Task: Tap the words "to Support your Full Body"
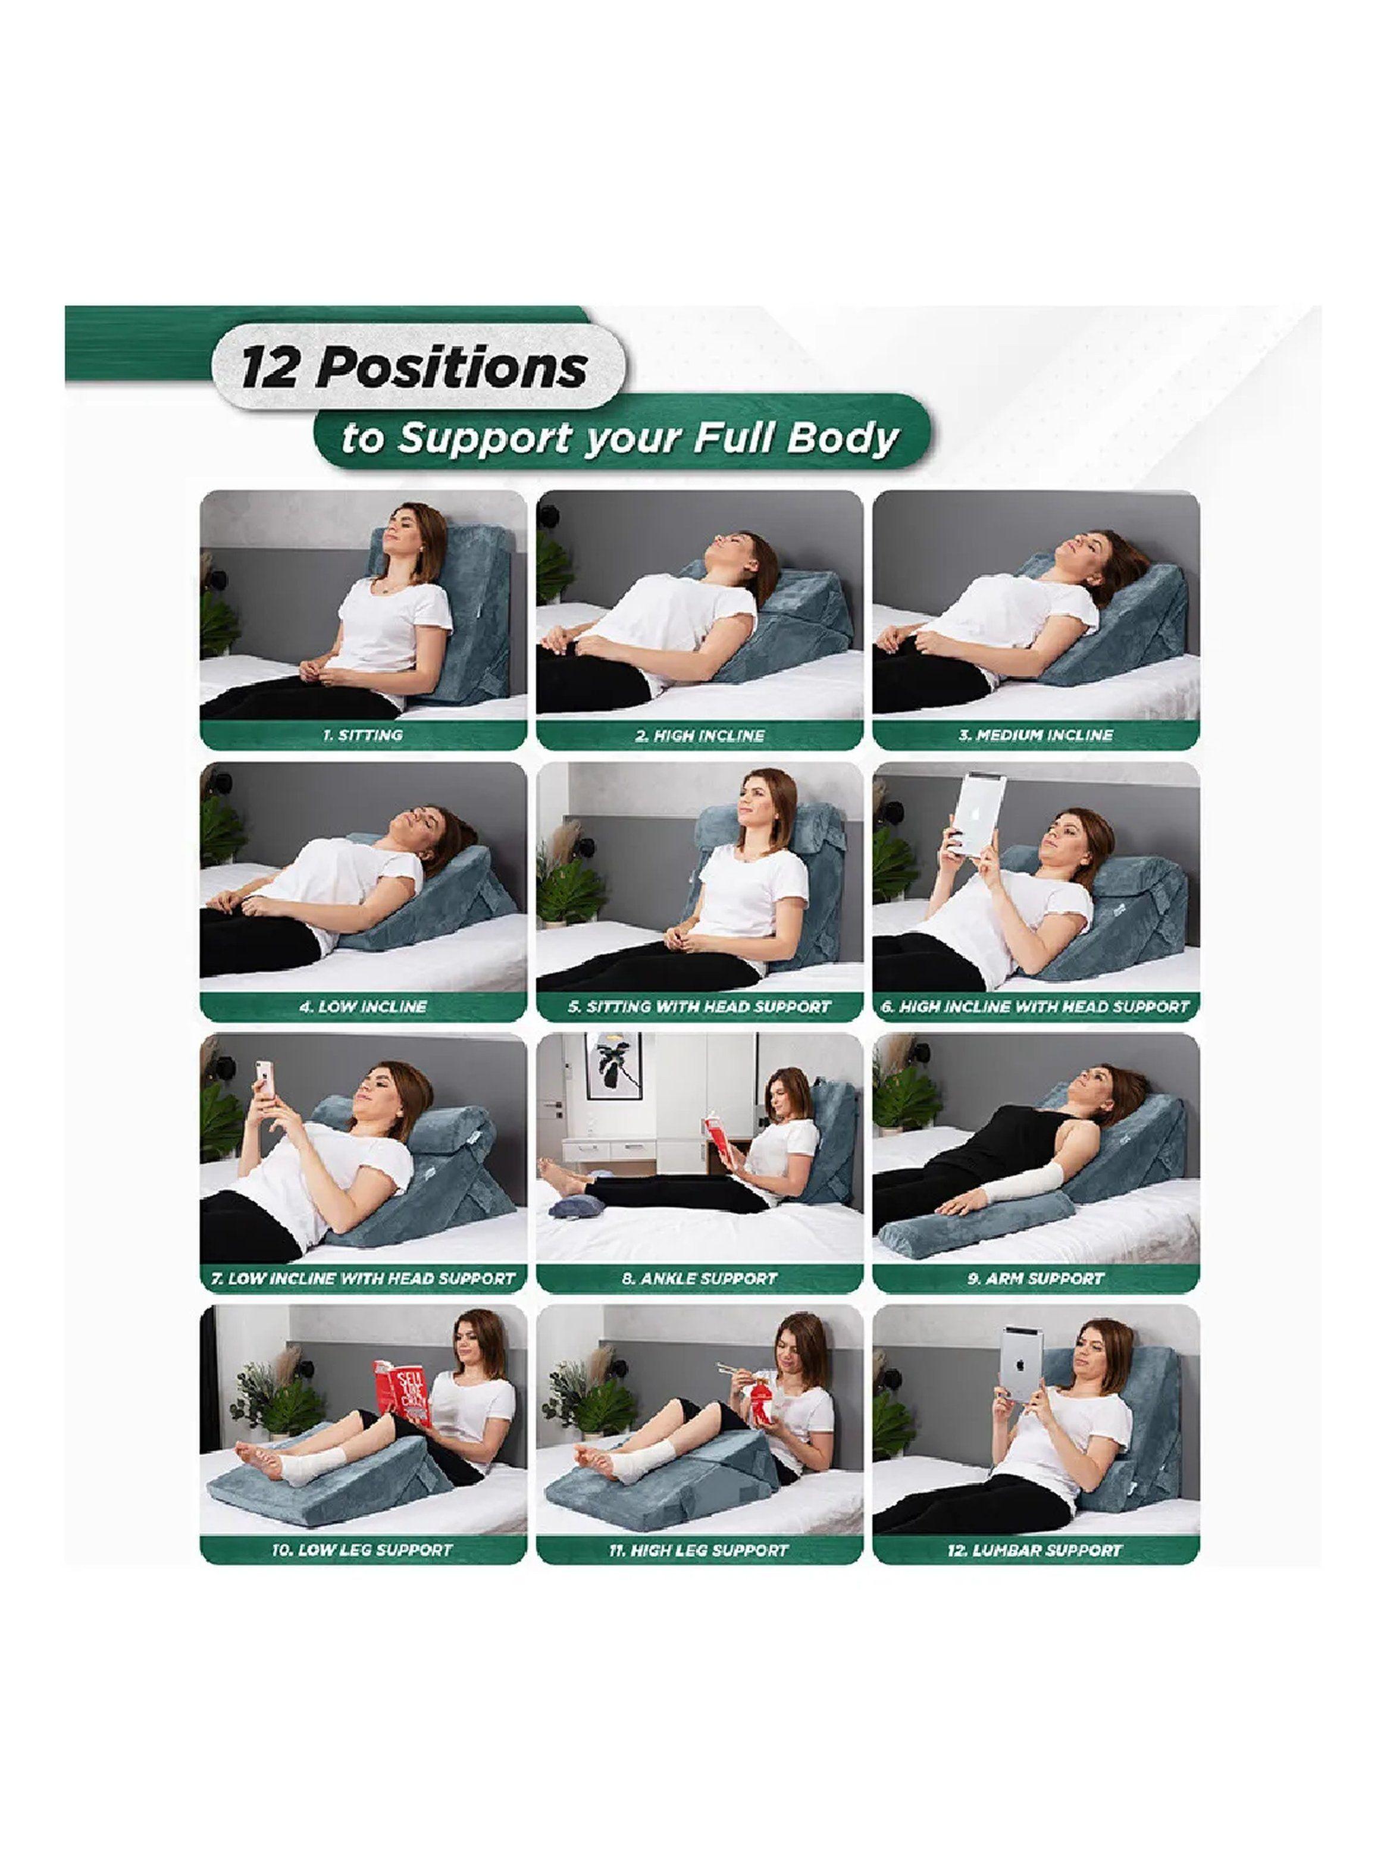coord(619,439)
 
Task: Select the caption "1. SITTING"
coord(363,735)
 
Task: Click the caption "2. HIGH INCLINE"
coord(699,735)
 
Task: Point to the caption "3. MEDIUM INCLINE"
coord(1036,735)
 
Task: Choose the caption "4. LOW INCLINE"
coord(363,1006)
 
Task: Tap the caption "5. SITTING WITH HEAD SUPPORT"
coord(699,1006)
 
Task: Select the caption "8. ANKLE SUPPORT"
coord(699,1278)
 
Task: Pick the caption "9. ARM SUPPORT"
coord(1036,1278)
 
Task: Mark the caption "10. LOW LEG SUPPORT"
coord(363,1550)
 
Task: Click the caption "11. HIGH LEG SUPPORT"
coord(699,1550)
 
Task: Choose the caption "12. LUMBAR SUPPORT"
coord(1036,1550)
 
